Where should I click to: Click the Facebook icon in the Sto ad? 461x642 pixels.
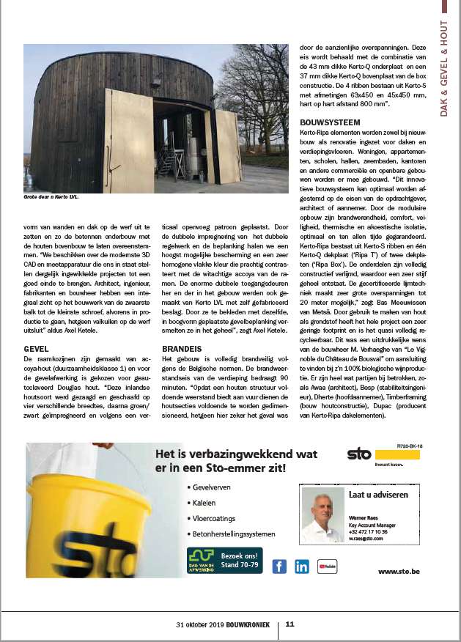(279, 566)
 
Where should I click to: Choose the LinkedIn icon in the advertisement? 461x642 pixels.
(302, 566)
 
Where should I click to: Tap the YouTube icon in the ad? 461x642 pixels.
(326, 566)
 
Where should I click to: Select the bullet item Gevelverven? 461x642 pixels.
(213, 487)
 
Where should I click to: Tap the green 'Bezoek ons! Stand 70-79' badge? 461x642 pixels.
(224, 561)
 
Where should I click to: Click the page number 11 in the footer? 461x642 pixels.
(290, 624)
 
